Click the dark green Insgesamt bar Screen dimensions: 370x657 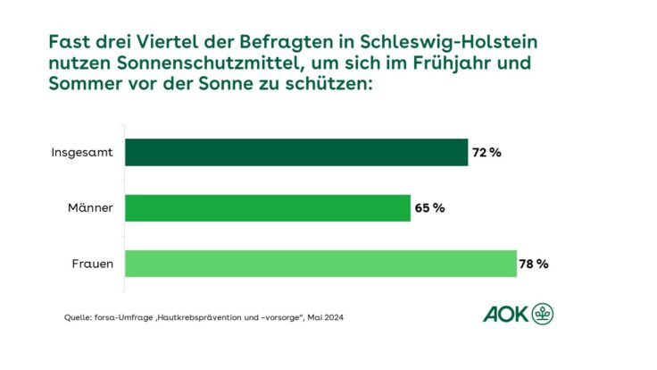click(x=295, y=152)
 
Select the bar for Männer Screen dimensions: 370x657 click(x=267, y=208)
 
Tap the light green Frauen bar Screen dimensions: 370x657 click(x=320, y=264)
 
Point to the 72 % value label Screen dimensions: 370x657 click(x=487, y=153)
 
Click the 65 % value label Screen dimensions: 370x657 click(x=429, y=208)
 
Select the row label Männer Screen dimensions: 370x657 click(x=90, y=208)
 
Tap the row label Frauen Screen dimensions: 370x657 click(x=92, y=264)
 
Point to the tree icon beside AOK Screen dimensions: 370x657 click(x=542, y=314)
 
